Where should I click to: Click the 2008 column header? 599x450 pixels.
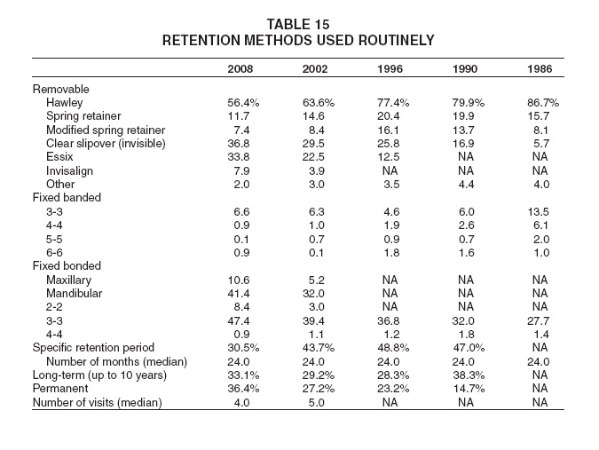(240, 68)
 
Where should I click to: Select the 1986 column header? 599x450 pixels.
(540, 68)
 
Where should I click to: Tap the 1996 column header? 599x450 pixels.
(390, 68)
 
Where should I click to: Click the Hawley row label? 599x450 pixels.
(64, 103)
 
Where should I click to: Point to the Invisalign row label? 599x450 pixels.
(69, 170)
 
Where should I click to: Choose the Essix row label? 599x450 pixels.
(59, 157)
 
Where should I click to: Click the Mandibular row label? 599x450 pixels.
(75, 294)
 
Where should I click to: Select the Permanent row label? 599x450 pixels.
(60, 389)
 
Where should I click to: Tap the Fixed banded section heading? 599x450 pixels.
(67, 198)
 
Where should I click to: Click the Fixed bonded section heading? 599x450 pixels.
(67, 266)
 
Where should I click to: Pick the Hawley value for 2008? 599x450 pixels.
(243, 103)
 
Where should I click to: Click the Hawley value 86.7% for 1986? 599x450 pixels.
(543, 103)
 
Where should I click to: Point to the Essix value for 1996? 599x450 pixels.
(388, 157)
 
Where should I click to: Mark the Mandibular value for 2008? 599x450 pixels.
(239, 294)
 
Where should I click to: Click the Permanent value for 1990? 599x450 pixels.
(469, 389)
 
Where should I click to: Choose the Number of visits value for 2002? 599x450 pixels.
(316, 403)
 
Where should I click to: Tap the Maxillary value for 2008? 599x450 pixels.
(239, 280)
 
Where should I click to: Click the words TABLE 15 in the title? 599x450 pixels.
(298, 25)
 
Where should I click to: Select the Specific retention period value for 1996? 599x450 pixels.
(393, 348)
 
